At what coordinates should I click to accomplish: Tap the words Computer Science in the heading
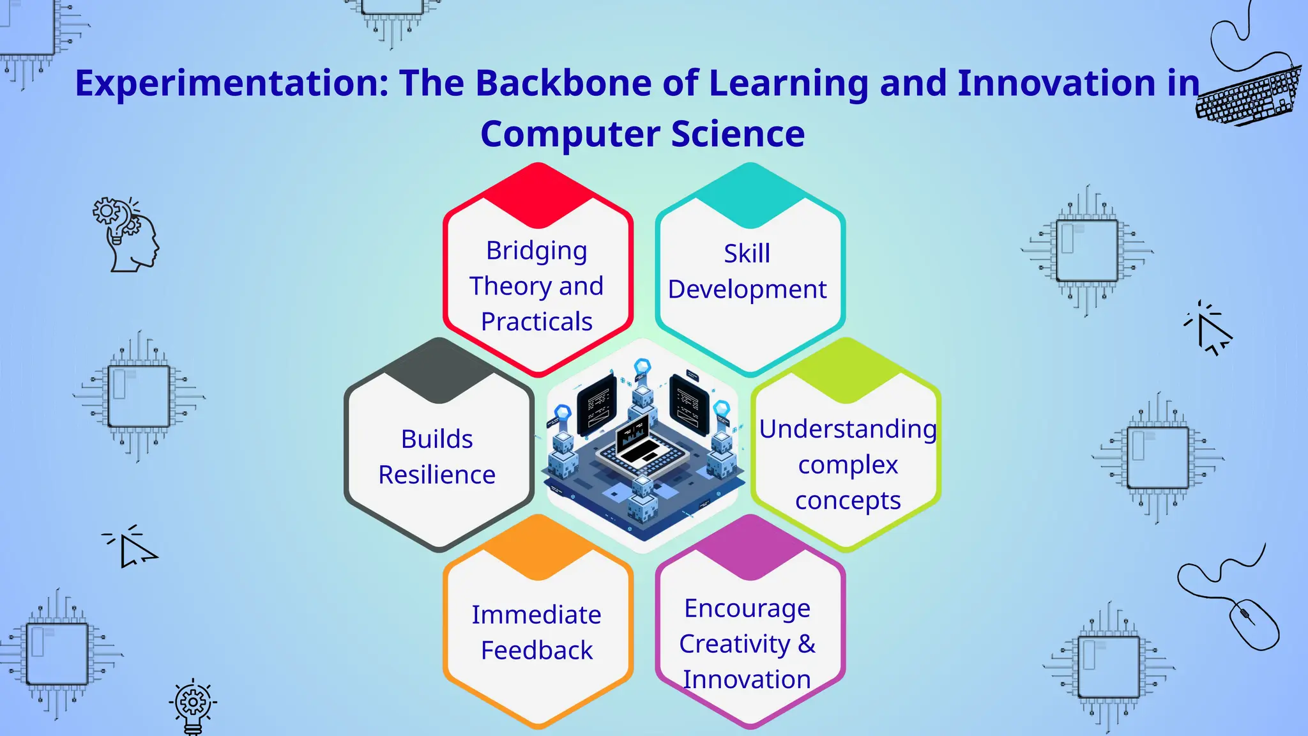click(642, 134)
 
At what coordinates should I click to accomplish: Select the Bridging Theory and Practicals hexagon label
click(536, 286)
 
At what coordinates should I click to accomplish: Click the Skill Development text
click(747, 272)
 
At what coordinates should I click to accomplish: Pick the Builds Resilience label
click(437, 457)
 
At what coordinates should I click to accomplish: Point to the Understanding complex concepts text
click(848, 464)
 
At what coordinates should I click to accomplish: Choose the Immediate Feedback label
click(536, 632)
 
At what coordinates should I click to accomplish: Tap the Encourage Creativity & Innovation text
click(747, 643)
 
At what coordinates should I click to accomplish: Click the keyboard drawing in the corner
click(1249, 96)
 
